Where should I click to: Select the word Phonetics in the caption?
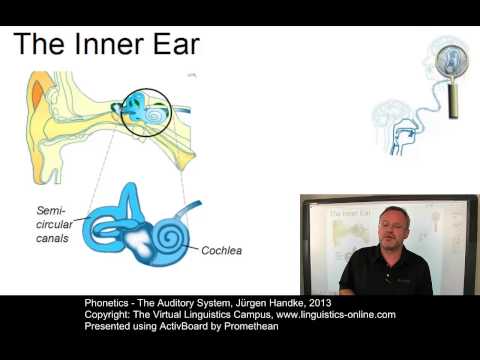pos(104,302)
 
